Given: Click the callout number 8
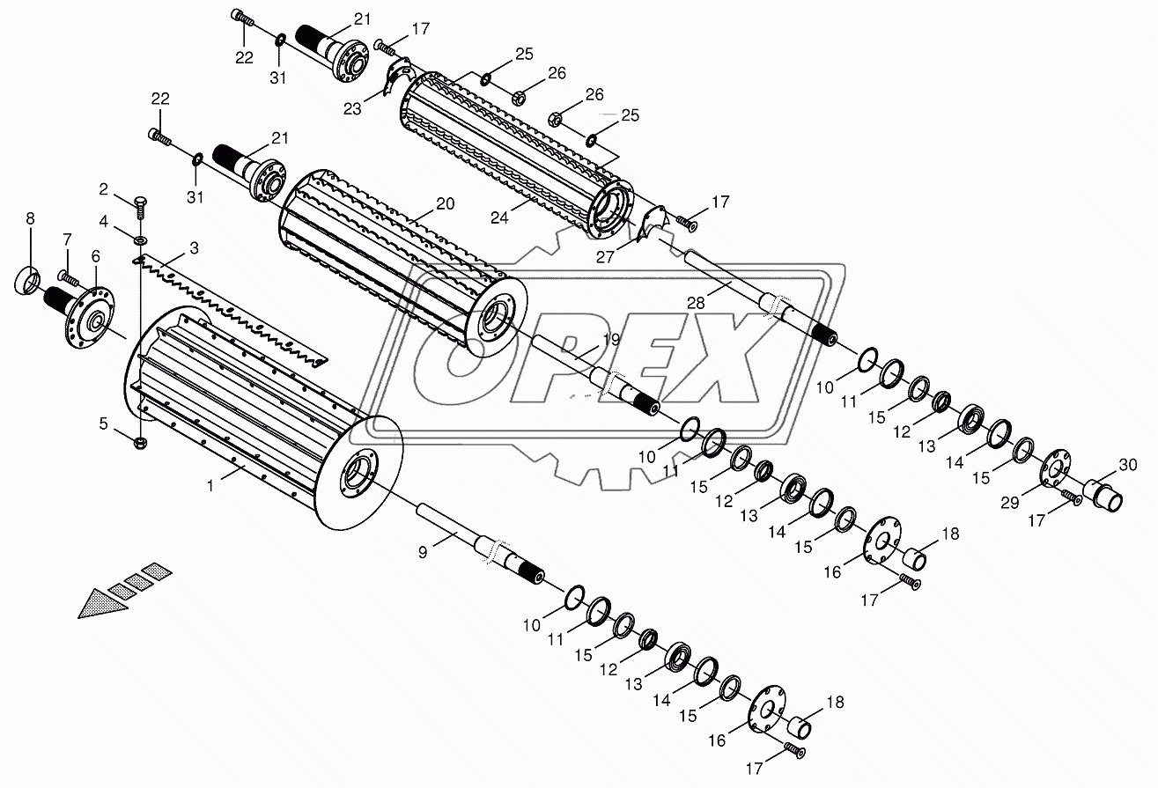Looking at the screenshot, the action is pos(30,218).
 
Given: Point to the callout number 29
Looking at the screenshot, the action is pos(1010,502).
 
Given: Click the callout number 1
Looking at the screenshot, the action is pos(210,486).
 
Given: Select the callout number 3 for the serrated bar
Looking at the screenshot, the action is pos(194,248).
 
